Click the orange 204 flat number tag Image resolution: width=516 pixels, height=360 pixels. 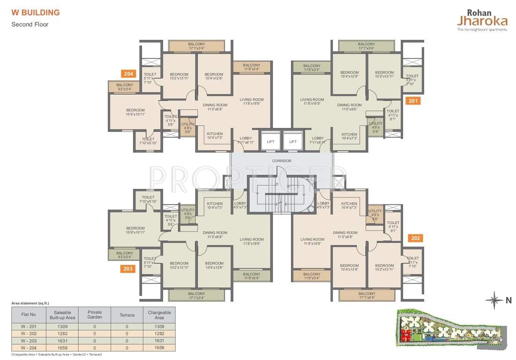(x=128, y=74)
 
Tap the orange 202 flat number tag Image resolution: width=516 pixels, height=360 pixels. (x=416, y=238)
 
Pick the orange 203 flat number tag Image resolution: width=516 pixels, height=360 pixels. (x=128, y=269)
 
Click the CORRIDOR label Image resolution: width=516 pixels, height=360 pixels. (x=282, y=161)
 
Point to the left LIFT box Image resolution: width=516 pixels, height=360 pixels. (x=271, y=141)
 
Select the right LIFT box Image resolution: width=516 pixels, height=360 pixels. (x=293, y=141)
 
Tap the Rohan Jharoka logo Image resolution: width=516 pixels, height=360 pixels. (x=482, y=20)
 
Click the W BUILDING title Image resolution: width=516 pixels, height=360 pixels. (x=36, y=13)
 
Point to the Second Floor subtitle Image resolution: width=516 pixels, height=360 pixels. (x=30, y=24)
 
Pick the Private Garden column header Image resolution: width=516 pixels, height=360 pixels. (x=95, y=315)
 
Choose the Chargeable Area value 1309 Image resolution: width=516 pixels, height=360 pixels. (x=159, y=326)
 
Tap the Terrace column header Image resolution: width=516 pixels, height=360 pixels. (x=127, y=315)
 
